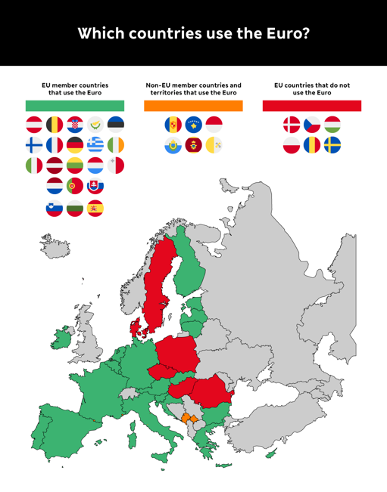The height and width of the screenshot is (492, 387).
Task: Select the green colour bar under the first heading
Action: pyautogui.click(x=75, y=106)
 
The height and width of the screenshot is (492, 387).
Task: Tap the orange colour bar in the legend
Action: pyautogui.click(x=193, y=106)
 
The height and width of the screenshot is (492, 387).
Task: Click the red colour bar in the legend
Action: pyautogui.click(x=311, y=106)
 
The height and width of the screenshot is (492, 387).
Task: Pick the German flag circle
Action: pyautogui.click(x=75, y=145)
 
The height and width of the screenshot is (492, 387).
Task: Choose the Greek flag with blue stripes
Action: pyautogui.click(x=95, y=145)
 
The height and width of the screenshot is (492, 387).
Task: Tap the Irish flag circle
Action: pyautogui.click(x=115, y=145)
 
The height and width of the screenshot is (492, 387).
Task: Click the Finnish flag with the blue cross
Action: pyautogui.click(x=34, y=145)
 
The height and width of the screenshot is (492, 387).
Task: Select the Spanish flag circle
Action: pyautogui.click(x=95, y=208)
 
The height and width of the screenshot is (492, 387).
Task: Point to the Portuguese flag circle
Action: pyautogui.click(x=75, y=186)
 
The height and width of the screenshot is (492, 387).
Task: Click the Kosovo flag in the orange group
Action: pyautogui.click(x=193, y=125)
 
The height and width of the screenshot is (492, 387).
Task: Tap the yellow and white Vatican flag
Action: pyautogui.click(x=214, y=145)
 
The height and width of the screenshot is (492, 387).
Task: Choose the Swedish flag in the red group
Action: pyautogui.click(x=332, y=144)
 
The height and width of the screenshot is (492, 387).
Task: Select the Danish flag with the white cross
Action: pyautogui.click(x=292, y=125)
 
